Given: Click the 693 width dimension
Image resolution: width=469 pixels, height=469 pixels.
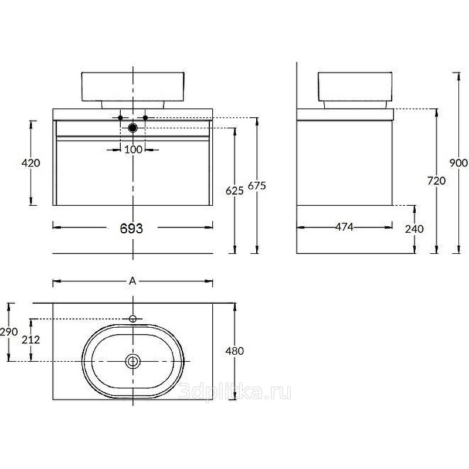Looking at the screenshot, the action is pos(131,229).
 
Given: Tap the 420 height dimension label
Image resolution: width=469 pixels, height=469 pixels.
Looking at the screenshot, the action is pos(30,163).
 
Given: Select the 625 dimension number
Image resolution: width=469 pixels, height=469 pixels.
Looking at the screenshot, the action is pos(235,191).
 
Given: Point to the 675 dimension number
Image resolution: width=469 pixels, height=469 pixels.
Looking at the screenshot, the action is pos(257,186).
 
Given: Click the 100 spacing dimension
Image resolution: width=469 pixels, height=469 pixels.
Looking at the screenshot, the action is pos(133,149).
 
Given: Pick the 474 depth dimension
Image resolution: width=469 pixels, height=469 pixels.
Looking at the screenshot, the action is pos(344,227).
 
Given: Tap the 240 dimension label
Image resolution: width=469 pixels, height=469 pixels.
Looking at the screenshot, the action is pos(414,229).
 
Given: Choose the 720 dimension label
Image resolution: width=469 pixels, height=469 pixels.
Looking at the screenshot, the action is pos(436,181).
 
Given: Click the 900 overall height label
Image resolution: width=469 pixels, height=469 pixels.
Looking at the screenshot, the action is pos(458,163).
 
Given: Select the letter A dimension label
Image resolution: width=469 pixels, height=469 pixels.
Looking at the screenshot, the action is pos(132,281).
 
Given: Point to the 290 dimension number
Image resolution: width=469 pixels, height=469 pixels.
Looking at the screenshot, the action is pos(9,332).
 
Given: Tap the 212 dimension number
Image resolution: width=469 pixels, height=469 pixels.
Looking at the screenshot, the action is pos(31,339).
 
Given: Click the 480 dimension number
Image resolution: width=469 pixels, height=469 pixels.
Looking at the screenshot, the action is pos(235,351).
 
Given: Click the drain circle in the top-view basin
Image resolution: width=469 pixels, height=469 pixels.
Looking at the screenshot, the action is pos(133,361).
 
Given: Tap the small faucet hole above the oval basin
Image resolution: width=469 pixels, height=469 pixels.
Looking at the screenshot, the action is pos(133,319).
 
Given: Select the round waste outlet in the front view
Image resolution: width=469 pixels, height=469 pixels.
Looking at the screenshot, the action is pos(132,128).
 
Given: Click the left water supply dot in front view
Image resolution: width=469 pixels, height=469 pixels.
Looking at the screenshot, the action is pos(120,118).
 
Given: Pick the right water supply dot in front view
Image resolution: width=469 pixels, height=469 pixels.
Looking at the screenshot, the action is pos(145,118).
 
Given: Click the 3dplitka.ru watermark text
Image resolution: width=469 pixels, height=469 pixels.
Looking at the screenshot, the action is pos(235,392).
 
